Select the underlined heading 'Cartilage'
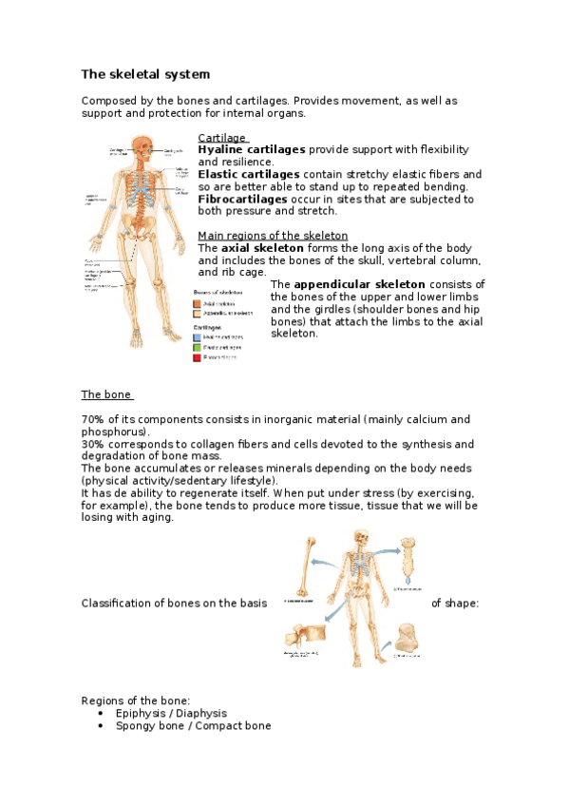221,138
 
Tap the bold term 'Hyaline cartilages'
251,150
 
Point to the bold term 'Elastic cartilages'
248,175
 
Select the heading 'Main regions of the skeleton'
272,236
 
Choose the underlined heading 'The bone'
105,394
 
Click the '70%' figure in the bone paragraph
92,419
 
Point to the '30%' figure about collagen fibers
92,444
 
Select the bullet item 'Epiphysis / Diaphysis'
171,713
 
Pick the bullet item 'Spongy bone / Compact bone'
193,725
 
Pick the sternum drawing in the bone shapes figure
407,561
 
